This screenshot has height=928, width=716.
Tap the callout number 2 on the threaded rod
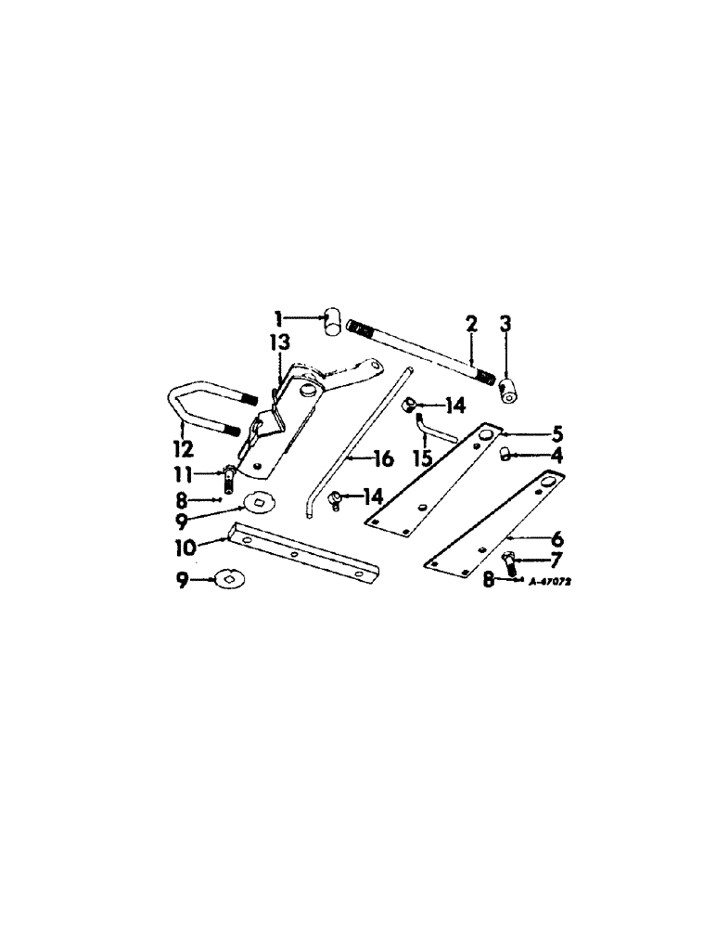pyautogui.click(x=471, y=324)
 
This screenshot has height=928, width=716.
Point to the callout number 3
pyautogui.click(x=506, y=325)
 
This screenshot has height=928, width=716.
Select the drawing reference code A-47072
pyautogui.click(x=558, y=582)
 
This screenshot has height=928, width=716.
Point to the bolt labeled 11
pyautogui.click(x=228, y=480)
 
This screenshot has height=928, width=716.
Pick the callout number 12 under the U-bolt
pyautogui.click(x=182, y=450)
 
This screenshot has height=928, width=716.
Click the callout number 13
pyautogui.click(x=279, y=344)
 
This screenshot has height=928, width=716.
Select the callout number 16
pyautogui.click(x=383, y=458)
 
